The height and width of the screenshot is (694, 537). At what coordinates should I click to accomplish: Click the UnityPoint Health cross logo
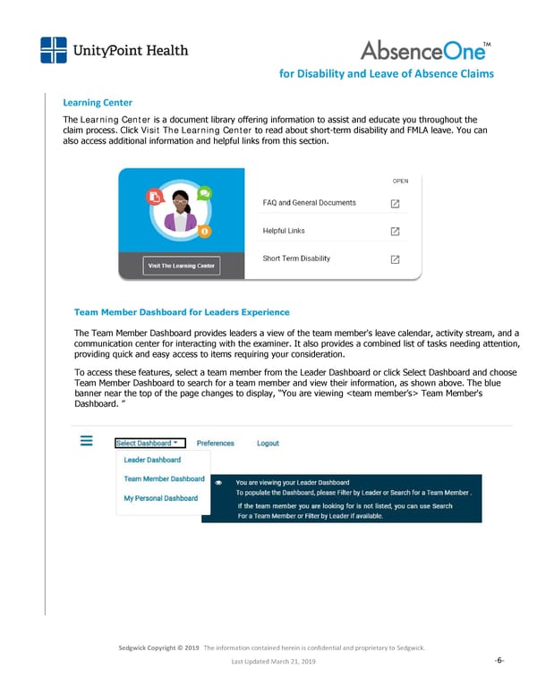click(54, 50)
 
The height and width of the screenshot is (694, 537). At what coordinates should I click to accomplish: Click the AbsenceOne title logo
click(423, 50)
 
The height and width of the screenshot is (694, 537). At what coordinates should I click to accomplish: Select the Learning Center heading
click(98, 103)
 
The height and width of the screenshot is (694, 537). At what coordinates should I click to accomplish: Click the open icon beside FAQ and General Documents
click(395, 203)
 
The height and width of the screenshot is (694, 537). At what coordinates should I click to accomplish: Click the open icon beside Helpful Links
click(395, 232)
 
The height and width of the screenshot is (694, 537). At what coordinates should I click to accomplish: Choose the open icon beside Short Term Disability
click(395, 259)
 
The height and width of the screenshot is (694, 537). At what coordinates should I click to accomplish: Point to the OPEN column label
click(400, 181)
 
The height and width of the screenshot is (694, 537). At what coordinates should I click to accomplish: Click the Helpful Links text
click(284, 231)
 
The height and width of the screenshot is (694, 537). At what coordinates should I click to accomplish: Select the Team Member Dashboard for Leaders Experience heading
click(182, 312)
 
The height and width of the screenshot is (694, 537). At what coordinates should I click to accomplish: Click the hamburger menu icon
click(88, 442)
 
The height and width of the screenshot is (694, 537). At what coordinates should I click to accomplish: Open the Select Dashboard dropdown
click(149, 443)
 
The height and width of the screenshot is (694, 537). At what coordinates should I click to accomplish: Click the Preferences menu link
click(215, 443)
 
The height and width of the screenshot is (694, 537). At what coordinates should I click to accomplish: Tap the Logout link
click(268, 443)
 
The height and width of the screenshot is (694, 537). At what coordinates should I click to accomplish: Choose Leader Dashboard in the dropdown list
click(152, 460)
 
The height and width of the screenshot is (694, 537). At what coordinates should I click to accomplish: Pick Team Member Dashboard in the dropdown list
click(164, 479)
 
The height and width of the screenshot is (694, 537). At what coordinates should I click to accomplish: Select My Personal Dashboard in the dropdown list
click(161, 498)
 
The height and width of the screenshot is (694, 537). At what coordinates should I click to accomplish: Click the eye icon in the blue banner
click(219, 482)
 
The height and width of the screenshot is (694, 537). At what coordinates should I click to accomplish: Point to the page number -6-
click(499, 661)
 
